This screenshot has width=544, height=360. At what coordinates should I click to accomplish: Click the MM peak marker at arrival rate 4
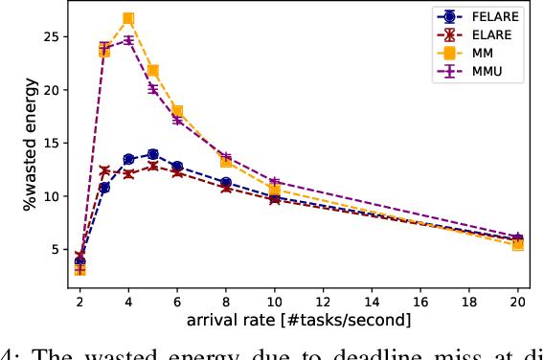(x=128, y=18)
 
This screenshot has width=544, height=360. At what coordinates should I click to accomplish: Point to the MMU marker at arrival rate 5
(x=152, y=89)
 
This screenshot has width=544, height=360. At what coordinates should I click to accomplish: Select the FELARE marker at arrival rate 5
(x=152, y=154)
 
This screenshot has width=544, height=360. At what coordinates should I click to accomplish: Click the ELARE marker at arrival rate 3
(x=104, y=171)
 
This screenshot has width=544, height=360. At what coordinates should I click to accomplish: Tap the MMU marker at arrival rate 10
(x=275, y=182)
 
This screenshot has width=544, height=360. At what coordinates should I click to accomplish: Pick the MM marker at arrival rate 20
(x=518, y=245)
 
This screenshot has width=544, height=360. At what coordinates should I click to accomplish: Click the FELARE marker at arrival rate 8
(x=226, y=182)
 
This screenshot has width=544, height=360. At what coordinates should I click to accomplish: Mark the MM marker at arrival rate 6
(x=177, y=111)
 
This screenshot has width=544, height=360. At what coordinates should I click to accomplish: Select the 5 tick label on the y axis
(x=59, y=250)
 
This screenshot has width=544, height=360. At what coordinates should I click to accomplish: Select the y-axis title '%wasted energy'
(x=32, y=142)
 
